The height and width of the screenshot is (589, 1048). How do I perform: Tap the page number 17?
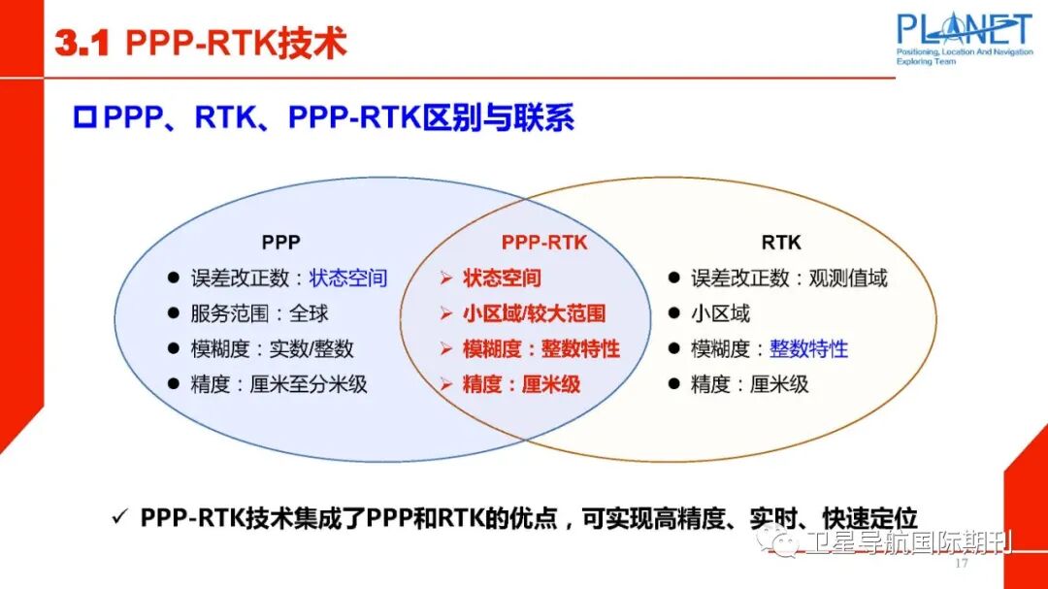click(x=963, y=564)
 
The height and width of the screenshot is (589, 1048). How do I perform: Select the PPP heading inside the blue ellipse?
click(x=280, y=243)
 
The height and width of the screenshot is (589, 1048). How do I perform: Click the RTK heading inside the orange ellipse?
click(x=781, y=243)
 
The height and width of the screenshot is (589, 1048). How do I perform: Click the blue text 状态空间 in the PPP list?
click(x=348, y=278)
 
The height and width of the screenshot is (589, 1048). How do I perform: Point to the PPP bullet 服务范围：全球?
click(x=259, y=313)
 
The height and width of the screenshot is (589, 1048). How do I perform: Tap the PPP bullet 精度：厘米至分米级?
click(x=278, y=384)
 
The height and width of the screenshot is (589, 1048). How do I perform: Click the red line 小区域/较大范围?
click(x=534, y=313)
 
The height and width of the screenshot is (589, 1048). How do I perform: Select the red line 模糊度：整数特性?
click(x=540, y=348)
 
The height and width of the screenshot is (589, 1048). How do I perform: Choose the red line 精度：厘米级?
click(x=521, y=384)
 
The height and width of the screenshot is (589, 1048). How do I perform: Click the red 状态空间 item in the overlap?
click(x=502, y=278)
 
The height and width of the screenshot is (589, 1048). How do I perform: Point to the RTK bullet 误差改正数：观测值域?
click(x=788, y=278)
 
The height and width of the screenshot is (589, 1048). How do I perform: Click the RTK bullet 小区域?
click(x=720, y=313)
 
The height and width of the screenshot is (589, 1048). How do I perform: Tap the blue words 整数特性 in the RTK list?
click(x=809, y=348)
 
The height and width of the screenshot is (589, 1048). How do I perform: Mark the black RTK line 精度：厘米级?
click(x=749, y=384)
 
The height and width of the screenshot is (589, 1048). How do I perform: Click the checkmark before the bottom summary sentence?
click(x=119, y=518)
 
